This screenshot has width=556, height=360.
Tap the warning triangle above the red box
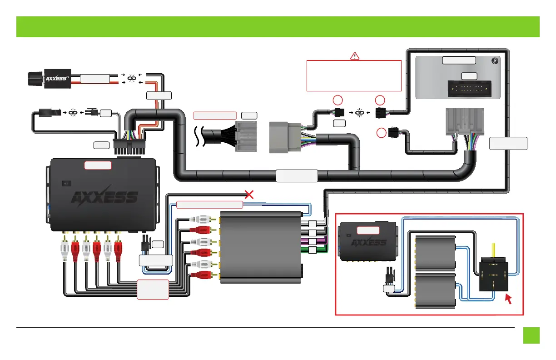pos(355,56)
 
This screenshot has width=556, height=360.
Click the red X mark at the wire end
pos(249,195)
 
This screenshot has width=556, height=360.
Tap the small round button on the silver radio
pos(495,60)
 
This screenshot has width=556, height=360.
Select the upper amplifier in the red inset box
pos(436,252)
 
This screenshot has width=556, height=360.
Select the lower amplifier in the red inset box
pos(436,291)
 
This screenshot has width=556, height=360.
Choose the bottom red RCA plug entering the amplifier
pos(199,275)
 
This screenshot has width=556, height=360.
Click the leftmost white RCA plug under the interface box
pos(65,248)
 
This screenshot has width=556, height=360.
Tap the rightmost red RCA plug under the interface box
pos(119,248)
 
